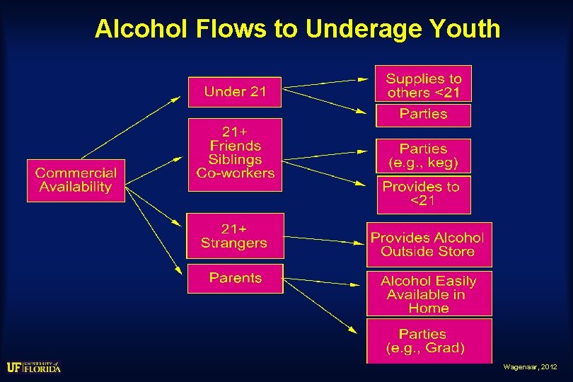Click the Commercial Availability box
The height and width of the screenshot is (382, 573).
[76, 180]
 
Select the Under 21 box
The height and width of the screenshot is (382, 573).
[234, 92]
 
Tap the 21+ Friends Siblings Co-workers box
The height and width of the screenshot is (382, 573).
[234, 154]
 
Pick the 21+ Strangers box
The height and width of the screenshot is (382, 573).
[234, 236]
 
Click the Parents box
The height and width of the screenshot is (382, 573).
[235, 278]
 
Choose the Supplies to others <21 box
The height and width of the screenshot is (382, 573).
[423, 85]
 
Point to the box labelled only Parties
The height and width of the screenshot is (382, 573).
[423, 115]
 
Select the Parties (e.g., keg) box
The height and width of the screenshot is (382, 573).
[423, 156]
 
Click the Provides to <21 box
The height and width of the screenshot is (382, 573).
[423, 194]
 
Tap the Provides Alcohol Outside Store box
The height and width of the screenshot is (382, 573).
[428, 244]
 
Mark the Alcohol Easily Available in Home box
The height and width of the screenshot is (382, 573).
[428, 294]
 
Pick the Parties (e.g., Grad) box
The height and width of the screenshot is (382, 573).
[428, 340]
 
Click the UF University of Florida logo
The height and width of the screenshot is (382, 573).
[33, 366]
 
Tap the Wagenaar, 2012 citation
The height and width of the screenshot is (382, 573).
[531, 367]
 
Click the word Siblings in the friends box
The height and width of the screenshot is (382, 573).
[235, 160]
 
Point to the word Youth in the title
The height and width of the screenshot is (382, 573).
[468, 29]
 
